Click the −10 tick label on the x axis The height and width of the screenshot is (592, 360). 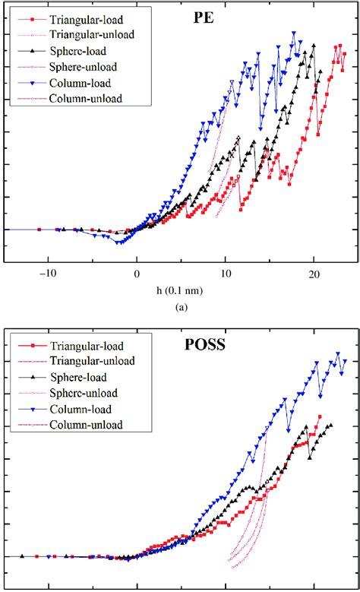pos(48,272)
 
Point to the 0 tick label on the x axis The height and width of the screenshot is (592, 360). pos(137,272)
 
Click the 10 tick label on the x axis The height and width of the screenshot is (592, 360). pos(225,272)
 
